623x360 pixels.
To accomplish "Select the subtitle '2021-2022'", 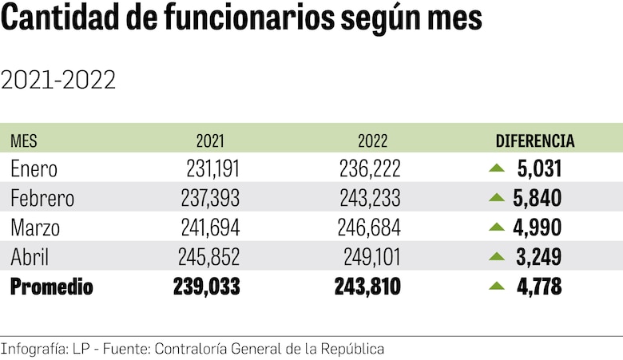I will click(x=59, y=80).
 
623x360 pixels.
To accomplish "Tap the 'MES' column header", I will click(x=24, y=141).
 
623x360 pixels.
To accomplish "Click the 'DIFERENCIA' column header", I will click(x=535, y=141).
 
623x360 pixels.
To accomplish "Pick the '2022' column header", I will click(x=373, y=141).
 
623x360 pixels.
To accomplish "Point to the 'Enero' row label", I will click(x=34, y=168).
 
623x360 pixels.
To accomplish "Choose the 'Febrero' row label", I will click(x=42, y=198).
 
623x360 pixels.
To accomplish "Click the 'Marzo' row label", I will click(x=37, y=227).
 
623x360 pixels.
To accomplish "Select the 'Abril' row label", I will click(x=31, y=257).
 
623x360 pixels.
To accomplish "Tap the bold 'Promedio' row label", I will click(x=51, y=287).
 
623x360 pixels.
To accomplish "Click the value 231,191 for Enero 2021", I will click(x=211, y=168).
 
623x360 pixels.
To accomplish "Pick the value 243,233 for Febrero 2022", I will click(x=371, y=198).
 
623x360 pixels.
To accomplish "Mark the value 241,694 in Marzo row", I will click(x=211, y=227).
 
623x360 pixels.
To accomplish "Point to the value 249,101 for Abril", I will click(x=371, y=257).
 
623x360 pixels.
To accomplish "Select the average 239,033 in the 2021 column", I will click(x=206, y=287).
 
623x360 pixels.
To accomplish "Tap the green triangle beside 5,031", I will click(x=497, y=168).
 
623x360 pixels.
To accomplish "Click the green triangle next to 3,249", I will click(x=497, y=256).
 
